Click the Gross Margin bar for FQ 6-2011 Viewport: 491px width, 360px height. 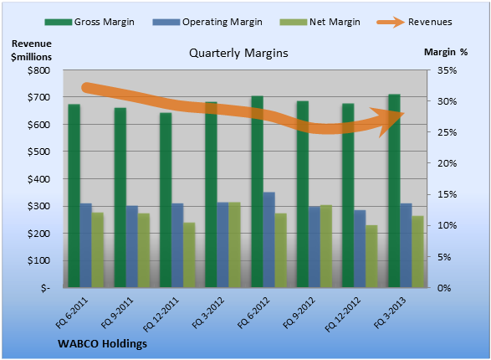74,196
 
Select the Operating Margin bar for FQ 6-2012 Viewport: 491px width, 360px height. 269,239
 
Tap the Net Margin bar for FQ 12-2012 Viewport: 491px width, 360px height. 371,256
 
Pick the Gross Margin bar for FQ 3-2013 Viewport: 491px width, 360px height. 394,191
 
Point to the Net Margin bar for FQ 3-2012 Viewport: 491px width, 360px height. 234,245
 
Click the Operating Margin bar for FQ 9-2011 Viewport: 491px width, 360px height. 132,247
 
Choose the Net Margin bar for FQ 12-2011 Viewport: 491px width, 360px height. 189,255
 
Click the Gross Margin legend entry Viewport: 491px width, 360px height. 90,22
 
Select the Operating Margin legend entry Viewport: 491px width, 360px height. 207,22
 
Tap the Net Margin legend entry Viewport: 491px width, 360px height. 320,22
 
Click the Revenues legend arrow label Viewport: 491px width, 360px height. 414,22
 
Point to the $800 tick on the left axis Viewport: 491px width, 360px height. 38,70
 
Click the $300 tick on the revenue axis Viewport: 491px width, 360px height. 38,206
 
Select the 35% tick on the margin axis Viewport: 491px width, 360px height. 447,70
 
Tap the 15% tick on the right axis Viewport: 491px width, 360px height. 447,194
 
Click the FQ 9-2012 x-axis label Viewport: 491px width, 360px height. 299,312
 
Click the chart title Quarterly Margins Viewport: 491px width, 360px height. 238,53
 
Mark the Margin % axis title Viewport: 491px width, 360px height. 446,52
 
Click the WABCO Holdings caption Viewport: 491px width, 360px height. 102,344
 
